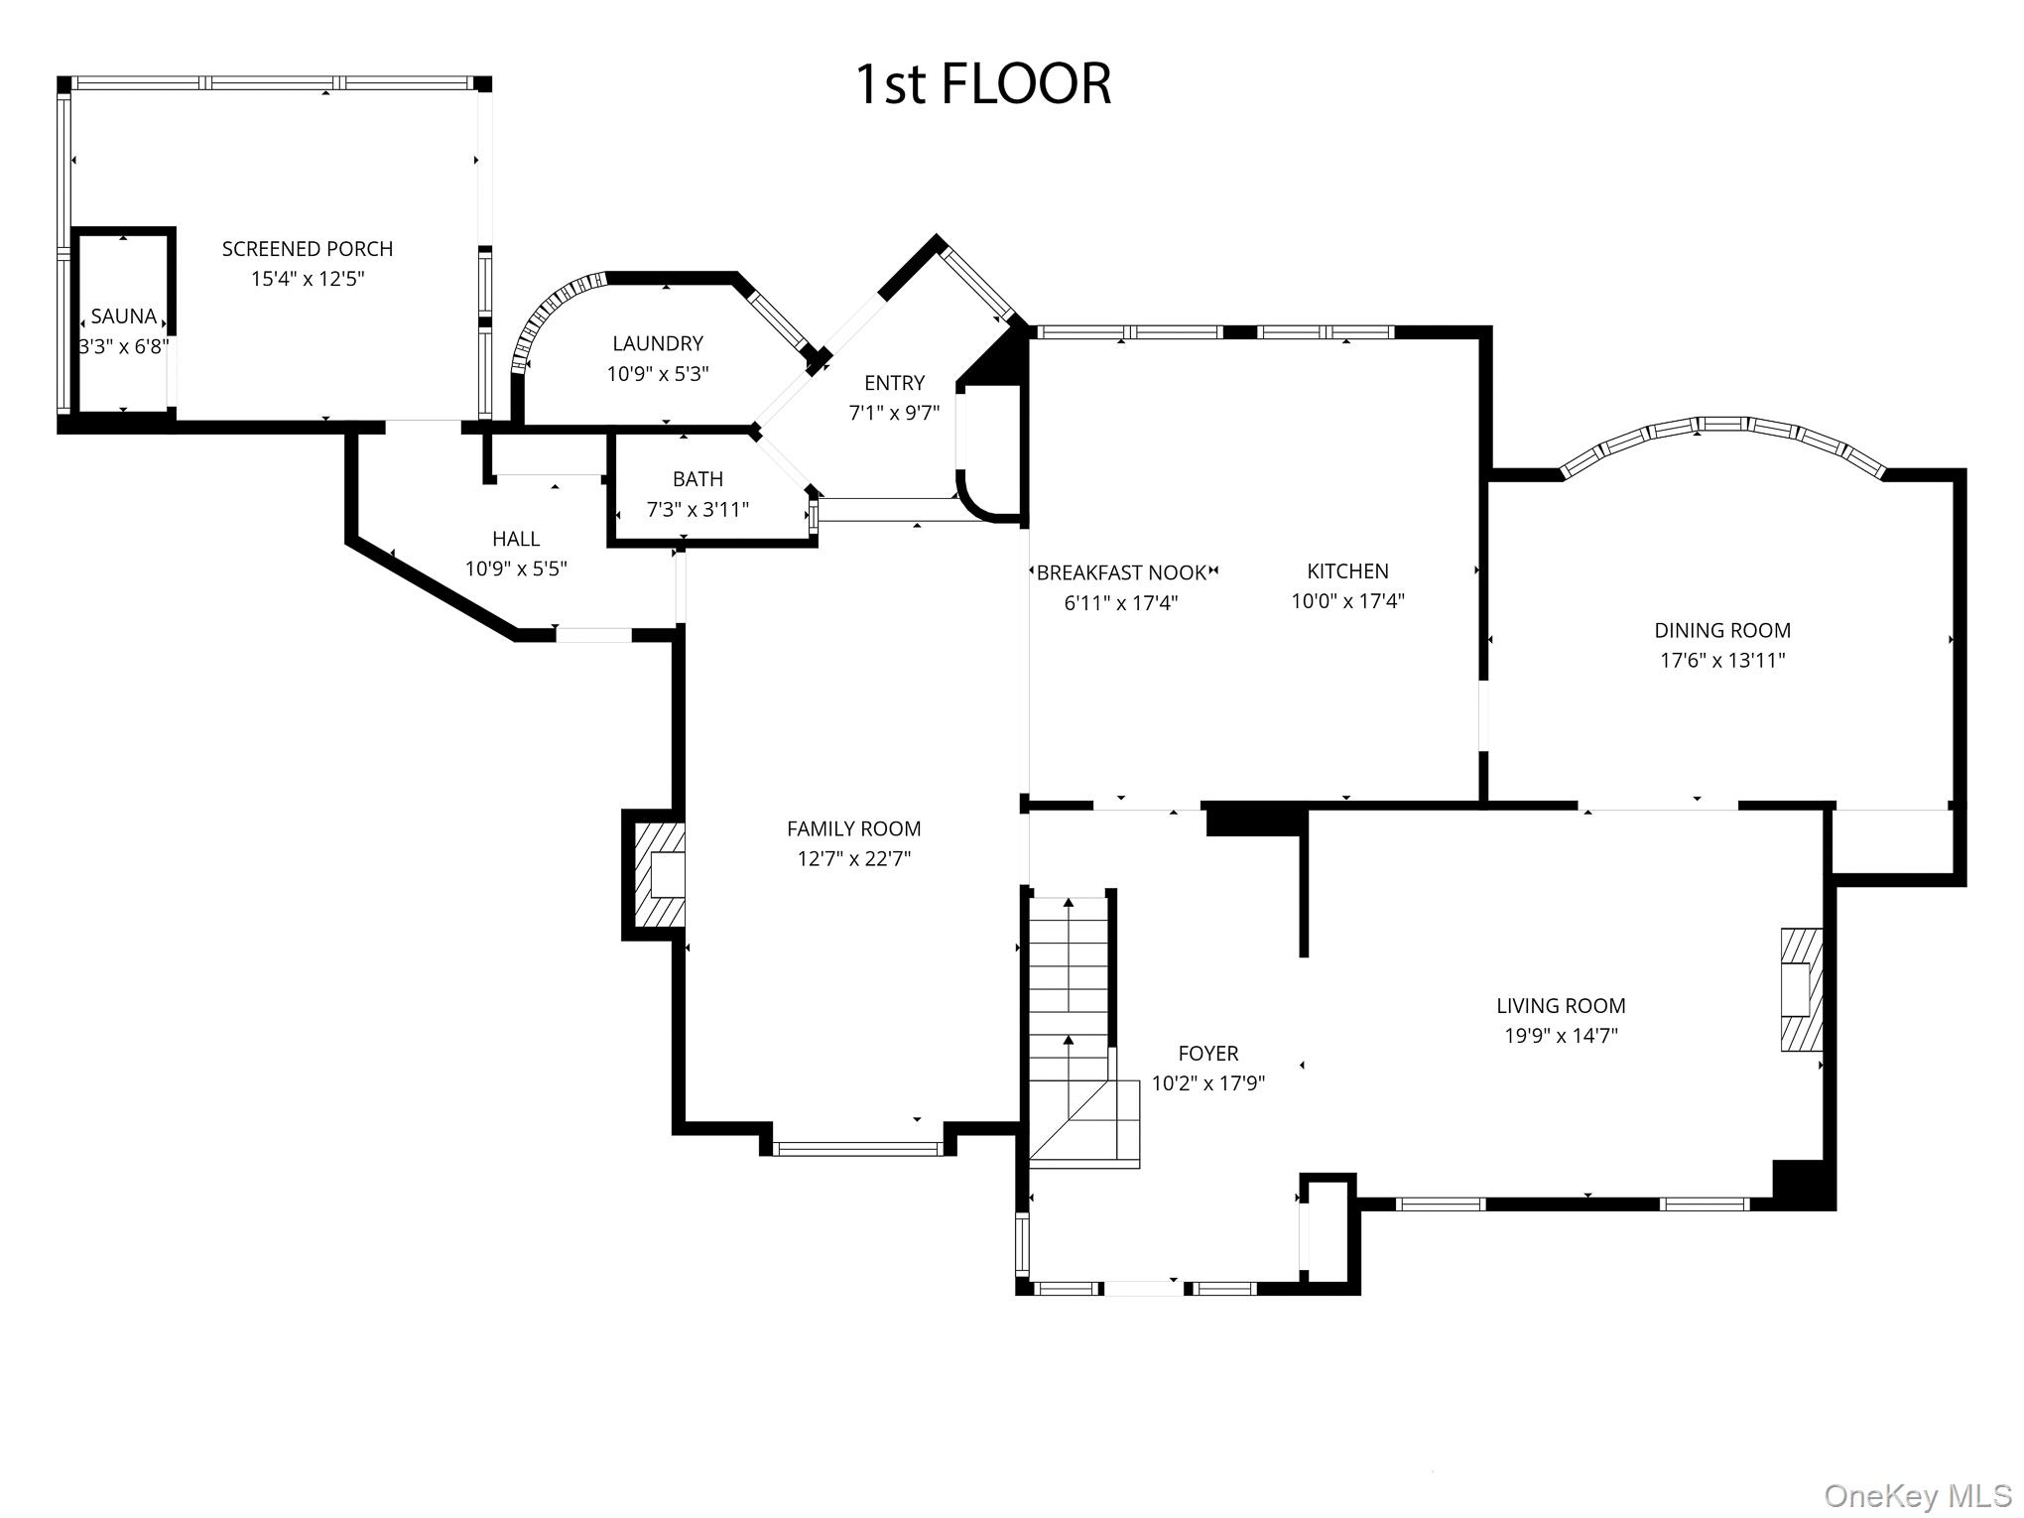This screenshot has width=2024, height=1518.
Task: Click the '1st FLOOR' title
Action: [x=982, y=83]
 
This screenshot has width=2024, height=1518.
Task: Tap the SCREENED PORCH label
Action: [x=308, y=249]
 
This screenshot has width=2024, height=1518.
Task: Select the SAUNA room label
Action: [x=123, y=316]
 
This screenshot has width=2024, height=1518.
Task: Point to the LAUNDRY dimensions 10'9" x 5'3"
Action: [x=658, y=374]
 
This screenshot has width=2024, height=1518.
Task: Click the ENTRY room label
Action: [x=894, y=383]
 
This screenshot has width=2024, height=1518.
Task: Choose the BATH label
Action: [x=697, y=479]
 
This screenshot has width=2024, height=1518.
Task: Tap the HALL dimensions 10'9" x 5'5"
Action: [x=516, y=569]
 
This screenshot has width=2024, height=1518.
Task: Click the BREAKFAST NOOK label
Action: [x=1121, y=572]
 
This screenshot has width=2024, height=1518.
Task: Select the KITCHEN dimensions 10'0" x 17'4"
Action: [x=1347, y=601]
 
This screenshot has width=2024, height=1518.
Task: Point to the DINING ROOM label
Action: [x=1722, y=630]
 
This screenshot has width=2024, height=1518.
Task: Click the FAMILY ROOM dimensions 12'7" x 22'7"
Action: [x=854, y=858]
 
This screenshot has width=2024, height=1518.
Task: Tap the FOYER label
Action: [x=1207, y=1053]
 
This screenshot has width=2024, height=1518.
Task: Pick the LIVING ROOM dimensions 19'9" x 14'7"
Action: [x=1561, y=1036]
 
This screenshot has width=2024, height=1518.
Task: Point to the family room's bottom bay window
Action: [x=856, y=1149]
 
